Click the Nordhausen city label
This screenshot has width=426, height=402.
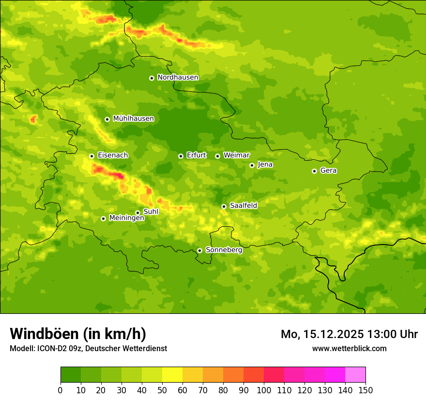tap(178, 77)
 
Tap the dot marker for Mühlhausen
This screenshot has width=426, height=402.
tap(107, 119)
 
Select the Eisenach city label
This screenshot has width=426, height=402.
tap(112, 155)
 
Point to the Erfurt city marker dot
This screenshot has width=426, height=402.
tap(181, 156)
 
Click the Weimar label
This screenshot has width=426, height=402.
tap(236, 155)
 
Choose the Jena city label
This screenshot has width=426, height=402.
tap(265, 165)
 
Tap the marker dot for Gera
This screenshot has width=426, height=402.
tap(314, 171)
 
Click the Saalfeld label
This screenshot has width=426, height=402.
tap(243, 206)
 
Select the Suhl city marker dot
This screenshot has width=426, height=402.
tap(137, 213)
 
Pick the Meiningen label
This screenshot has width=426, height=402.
tap(126, 218)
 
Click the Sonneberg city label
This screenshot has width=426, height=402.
tap(224, 250)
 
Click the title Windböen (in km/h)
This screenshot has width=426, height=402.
tap(77, 334)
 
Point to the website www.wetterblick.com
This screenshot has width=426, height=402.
tap(349, 348)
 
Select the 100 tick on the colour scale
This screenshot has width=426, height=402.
tap(264, 390)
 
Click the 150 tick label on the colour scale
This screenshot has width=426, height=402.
tap(365, 390)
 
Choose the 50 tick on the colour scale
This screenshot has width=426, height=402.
tap(162, 390)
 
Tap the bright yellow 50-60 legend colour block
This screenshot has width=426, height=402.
tap(172, 375)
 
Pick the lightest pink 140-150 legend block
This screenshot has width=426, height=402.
tap(355, 375)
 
